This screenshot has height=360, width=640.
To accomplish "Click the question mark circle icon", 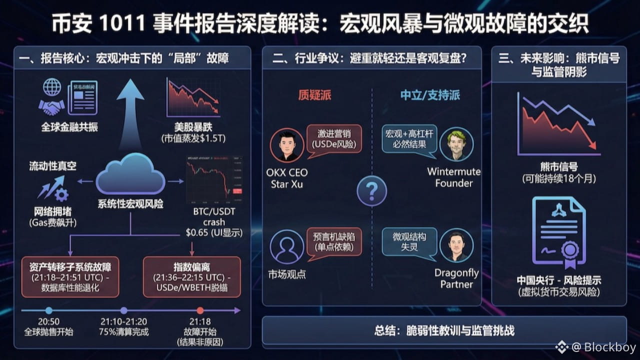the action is (x=371, y=190).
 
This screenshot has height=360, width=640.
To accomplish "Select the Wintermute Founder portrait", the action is (x=456, y=144).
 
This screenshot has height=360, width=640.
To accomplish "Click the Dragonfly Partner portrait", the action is (x=456, y=245).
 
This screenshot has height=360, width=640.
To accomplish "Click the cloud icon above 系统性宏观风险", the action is (x=130, y=175).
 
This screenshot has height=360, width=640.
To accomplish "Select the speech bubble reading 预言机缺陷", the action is (x=333, y=241).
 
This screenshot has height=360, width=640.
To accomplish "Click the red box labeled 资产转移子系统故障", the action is (x=70, y=276).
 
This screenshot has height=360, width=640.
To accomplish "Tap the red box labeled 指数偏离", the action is (x=191, y=276).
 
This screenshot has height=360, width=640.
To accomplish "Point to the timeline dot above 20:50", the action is (x=48, y=310).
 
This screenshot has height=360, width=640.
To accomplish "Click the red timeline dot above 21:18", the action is (x=200, y=310).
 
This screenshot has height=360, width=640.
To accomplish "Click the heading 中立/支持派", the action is (x=430, y=95).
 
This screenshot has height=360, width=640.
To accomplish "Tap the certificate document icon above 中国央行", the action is (x=558, y=231).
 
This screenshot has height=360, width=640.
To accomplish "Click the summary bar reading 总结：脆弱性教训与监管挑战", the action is (x=444, y=330).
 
